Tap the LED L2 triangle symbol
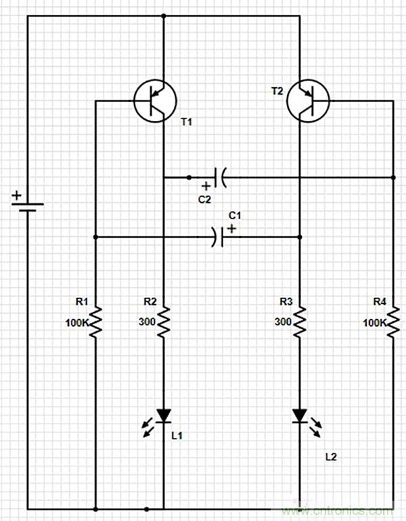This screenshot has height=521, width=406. pyautogui.click(x=300, y=415)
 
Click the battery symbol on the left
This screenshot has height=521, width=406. pyautogui.click(x=27, y=206)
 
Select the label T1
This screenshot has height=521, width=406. pyautogui.click(x=187, y=122)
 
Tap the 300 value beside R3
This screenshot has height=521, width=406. pyautogui.click(x=283, y=323)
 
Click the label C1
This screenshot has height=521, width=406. pyautogui.click(x=234, y=215)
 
